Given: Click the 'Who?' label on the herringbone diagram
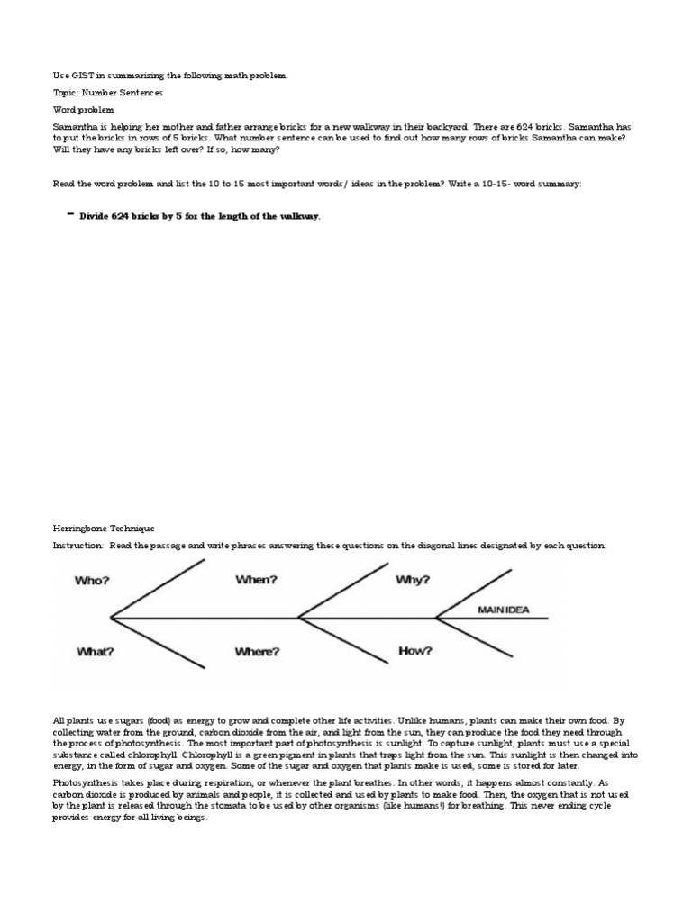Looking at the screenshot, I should pos(92,581).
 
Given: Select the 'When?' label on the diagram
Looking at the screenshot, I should pos(255,580).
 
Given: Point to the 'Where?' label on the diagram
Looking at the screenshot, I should pos(257,651).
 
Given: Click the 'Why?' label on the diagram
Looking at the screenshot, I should pos(413,580).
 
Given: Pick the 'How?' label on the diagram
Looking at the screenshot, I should pos(414,650).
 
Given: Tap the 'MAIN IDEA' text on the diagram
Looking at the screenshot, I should pos(504,610).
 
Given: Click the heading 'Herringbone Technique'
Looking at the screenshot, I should pos(104,529).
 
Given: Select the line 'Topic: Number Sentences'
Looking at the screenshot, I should pos(108,93).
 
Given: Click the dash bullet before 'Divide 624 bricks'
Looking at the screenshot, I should pos(69,215).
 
